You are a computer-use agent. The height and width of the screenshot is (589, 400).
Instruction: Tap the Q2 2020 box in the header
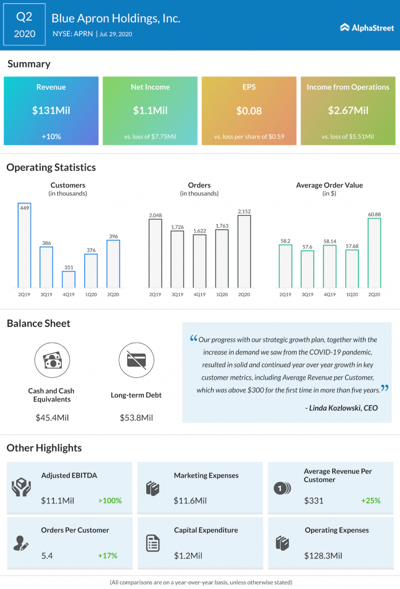coord(24,26)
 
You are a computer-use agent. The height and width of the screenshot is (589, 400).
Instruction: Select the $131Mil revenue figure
coord(51,110)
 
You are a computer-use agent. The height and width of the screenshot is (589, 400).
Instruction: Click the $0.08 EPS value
coord(249,110)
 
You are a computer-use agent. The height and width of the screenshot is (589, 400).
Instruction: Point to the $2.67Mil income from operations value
coord(348,110)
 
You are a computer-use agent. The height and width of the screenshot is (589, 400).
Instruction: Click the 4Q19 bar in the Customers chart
coord(68,279)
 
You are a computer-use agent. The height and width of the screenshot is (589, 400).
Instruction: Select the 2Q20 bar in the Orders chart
coord(244,251)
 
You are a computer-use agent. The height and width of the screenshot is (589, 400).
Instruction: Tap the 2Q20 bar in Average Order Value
coord(374,253)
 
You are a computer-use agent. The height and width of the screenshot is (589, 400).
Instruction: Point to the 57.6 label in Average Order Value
coord(307,246)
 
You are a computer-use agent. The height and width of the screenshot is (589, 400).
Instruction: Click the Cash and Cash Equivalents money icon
coord(51,361)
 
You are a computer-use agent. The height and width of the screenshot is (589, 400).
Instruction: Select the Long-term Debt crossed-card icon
coord(136,361)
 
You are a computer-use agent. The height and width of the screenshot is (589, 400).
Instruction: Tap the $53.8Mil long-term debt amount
coord(136,417)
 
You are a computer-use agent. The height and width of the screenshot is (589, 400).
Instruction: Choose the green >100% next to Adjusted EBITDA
coord(110,500)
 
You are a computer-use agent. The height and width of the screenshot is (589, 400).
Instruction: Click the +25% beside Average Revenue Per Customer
coord(371,500)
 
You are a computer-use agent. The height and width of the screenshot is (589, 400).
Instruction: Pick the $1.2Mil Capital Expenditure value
coord(188,556)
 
